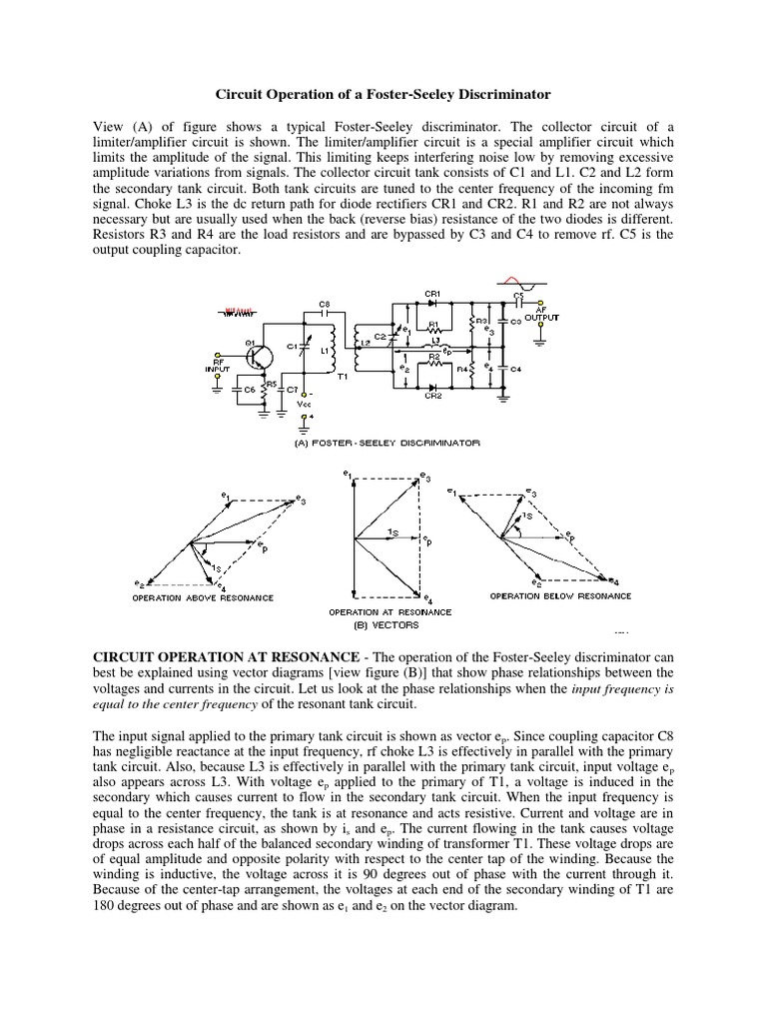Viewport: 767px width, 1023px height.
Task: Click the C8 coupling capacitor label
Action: pyautogui.click(x=323, y=303)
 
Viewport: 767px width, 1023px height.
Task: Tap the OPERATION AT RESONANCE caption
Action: pyautogui.click(x=389, y=611)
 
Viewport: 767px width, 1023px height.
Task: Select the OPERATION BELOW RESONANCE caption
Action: pyautogui.click(x=560, y=596)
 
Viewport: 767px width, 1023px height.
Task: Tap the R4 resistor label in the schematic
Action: pyautogui.click(x=462, y=369)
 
